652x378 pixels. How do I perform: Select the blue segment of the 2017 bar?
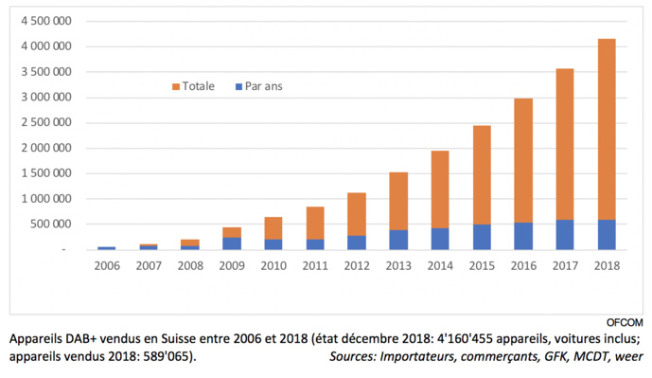pos(564,235)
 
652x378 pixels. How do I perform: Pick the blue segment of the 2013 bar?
pos(399,240)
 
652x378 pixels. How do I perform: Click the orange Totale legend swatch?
pos(176,86)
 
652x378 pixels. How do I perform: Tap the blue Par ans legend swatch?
pos(237,86)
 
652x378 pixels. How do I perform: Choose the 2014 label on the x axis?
pos(440,266)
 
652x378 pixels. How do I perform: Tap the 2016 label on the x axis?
pos(522,266)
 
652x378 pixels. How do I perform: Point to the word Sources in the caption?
pos(355,356)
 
